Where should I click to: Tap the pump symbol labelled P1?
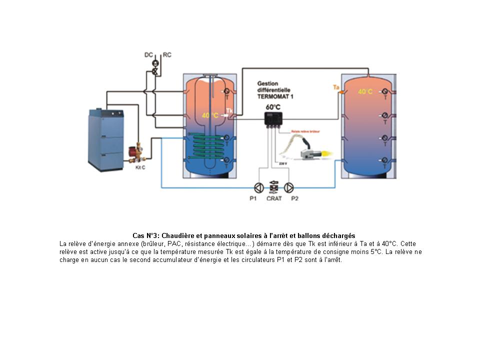tap(258, 188)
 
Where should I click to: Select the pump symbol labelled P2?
tap(289, 188)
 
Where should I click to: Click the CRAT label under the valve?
tap(274, 198)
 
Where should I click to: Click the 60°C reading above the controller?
tap(273, 107)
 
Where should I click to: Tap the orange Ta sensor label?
tap(336, 88)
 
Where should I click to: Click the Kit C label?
tap(140, 167)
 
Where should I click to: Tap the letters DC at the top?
tap(148, 54)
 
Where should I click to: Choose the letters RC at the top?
tap(167, 54)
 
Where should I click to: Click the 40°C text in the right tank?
tap(365, 92)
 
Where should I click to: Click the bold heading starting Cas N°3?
tap(244, 235)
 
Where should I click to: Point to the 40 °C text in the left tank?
tap(210, 115)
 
